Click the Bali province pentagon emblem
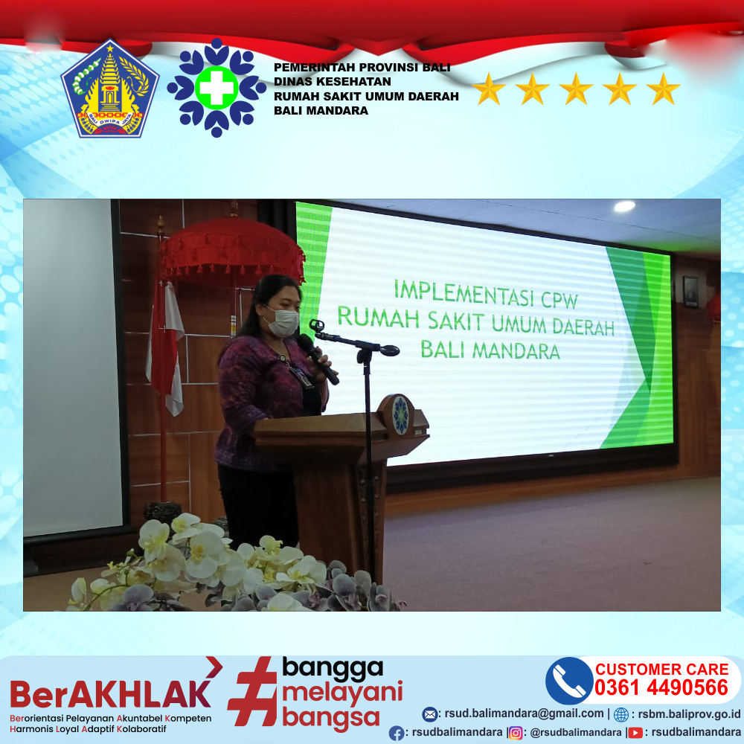tap(110, 89)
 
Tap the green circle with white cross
tap(217, 88)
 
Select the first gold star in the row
tap(489, 89)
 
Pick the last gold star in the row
tap(664, 89)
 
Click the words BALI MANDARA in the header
tap(321, 111)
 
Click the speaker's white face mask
tap(283, 321)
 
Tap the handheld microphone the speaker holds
tap(317, 359)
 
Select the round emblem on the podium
tap(401, 414)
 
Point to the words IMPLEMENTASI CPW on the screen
tap(486, 294)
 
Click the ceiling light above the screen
tap(624, 206)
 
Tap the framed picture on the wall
tap(690, 292)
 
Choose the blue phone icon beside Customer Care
tap(569, 681)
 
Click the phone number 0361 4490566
tap(661, 687)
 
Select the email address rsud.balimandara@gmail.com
tap(524, 713)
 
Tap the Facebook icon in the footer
tap(397, 734)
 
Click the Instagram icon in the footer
tap(516, 733)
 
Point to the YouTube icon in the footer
tap(635, 733)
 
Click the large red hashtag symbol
tap(251, 691)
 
